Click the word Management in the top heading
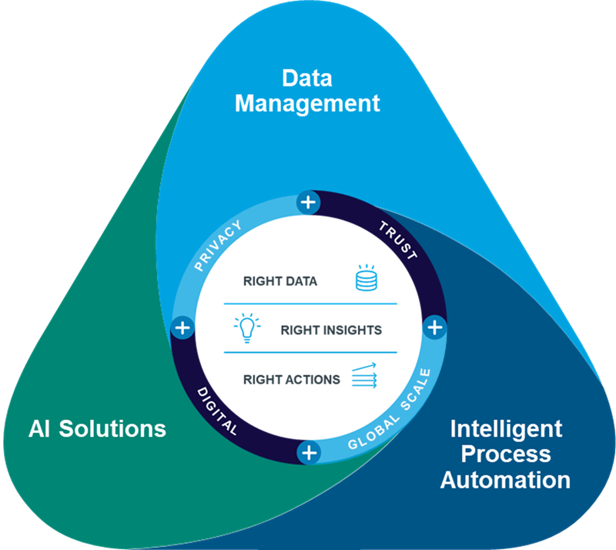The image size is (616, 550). tap(307, 103)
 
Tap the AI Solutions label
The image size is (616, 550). tap(97, 428)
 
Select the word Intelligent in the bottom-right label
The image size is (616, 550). tap(506, 428)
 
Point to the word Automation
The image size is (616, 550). tap(505, 480)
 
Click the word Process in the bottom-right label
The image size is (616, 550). tap(506, 454)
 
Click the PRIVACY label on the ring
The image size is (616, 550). tap(219, 246)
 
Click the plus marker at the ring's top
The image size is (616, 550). tap(308, 203)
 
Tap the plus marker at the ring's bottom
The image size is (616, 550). tap(309, 452)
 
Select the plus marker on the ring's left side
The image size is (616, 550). tap(182, 327)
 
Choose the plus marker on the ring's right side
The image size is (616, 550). tap(435, 327)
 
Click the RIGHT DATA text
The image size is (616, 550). tap(280, 281)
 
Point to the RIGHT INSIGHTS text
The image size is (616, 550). tap(331, 330)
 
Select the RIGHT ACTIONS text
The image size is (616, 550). tap(291, 379)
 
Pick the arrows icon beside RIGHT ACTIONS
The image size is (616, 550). tap(364, 377)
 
